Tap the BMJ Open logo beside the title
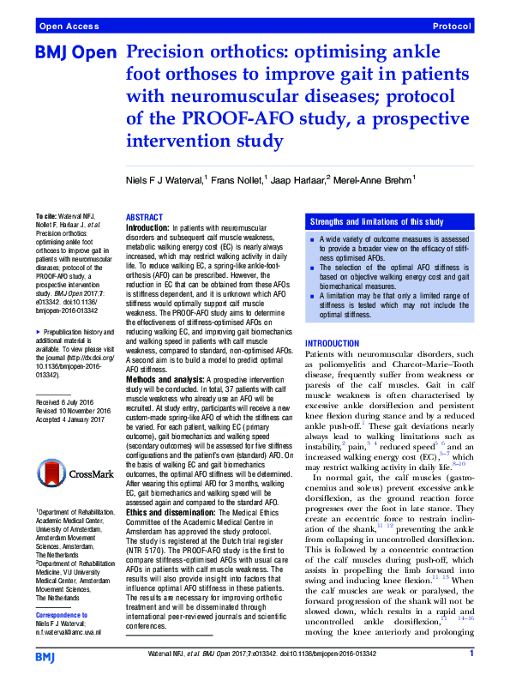click(x=75, y=54)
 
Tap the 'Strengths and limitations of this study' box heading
click(x=375, y=220)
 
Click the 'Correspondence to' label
click(x=66, y=615)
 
